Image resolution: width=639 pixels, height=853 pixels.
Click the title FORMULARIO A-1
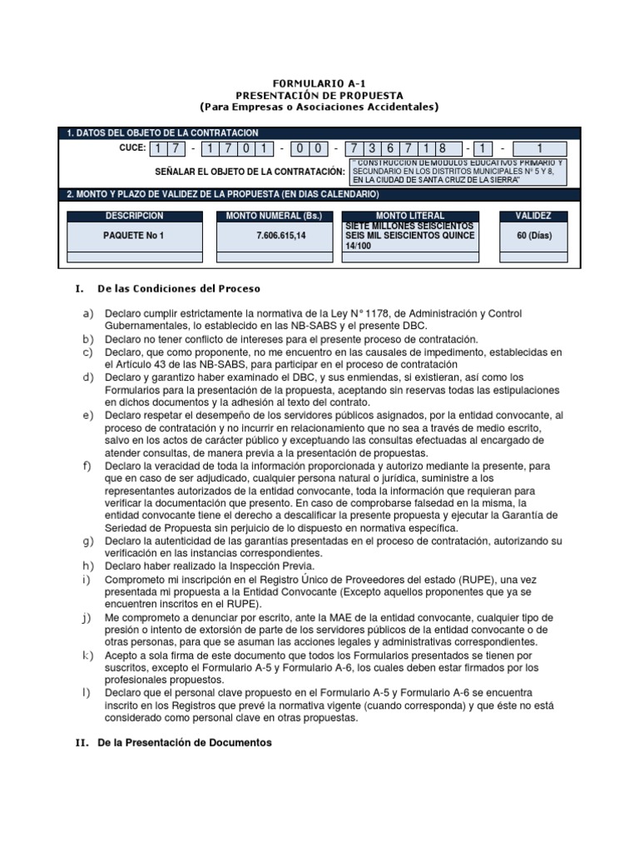coord(319,84)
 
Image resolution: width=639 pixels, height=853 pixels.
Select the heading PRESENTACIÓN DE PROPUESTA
coord(319,96)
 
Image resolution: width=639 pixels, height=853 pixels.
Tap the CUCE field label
coord(132,148)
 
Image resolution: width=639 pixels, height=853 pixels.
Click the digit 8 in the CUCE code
coord(443,149)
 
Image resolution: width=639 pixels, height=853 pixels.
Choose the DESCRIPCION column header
coord(134,216)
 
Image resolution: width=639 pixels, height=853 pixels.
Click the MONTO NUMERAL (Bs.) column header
coord(270,216)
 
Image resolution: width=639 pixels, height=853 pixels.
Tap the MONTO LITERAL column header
coord(410,216)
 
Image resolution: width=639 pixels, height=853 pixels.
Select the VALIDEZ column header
coord(534,216)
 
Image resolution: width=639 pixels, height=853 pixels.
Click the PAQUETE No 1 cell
coord(134,236)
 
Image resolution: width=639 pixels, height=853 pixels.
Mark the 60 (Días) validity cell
coord(534,236)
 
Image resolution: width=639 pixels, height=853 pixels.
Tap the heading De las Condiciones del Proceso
coord(179,289)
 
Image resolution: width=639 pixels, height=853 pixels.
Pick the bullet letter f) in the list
coord(87,465)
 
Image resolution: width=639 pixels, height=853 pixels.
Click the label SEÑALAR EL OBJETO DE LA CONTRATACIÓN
coord(250,171)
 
